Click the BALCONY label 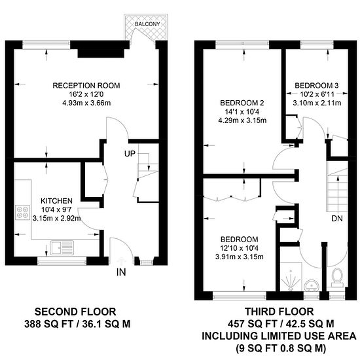tap(147, 24)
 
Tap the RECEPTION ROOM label tap(86, 85)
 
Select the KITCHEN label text tap(56, 201)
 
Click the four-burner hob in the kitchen tap(22, 212)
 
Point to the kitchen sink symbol tap(62, 247)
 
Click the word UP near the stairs tap(130, 154)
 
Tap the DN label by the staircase tap(337, 219)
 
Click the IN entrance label tap(121, 272)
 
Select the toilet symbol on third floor tap(337, 278)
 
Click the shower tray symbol tap(291, 277)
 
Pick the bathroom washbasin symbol tap(312, 285)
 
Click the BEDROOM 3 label tap(317, 86)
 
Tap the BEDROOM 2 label tap(242, 103)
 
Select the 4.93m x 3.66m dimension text tap(86, 103)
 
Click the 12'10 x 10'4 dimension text tap(240, 248)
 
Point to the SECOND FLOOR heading tap(75, 312)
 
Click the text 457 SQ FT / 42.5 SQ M tap(281, 324)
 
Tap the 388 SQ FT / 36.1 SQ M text tap(77, 324)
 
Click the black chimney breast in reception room tap(101, 53)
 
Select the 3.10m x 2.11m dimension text tap(317, 103)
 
